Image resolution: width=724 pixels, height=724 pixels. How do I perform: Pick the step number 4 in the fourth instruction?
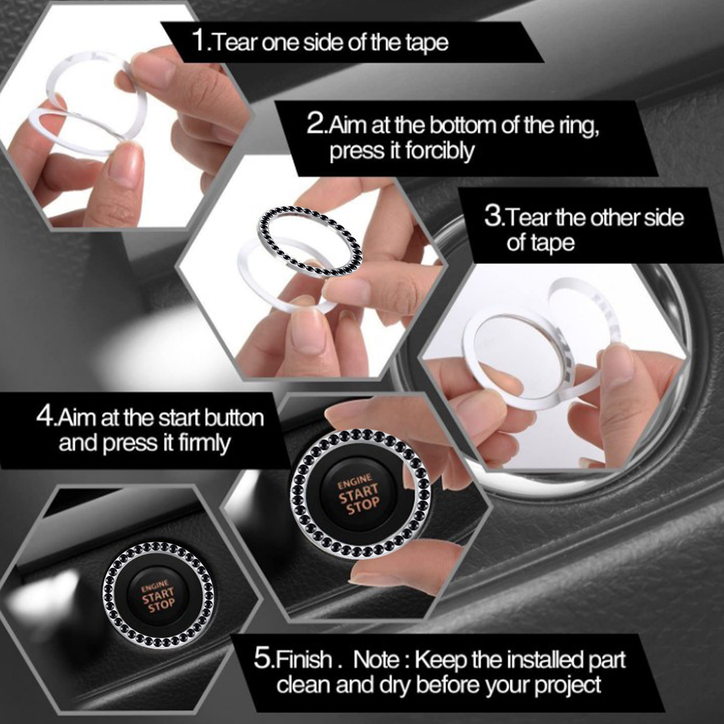[45, 416]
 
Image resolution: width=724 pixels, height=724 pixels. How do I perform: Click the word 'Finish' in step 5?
[302, 659]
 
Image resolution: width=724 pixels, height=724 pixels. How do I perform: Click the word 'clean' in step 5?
[303, 685]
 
